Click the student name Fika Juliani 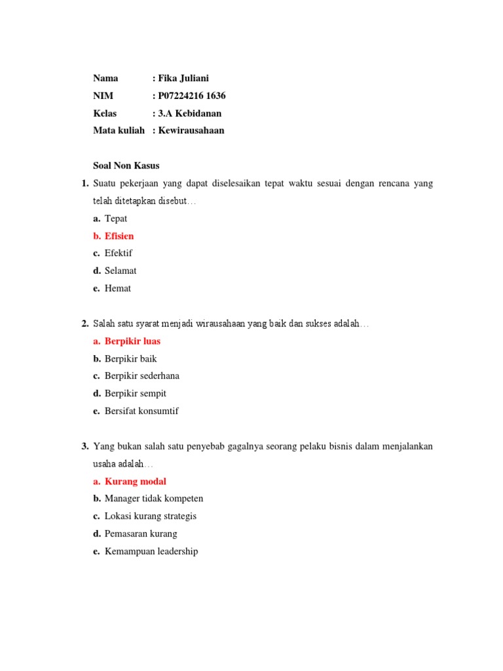pyautogui.click(x=185, y=78)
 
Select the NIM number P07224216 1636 pyautogui.click(x=192, y=96)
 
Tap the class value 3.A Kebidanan pyautogui.click(x=190, y=113)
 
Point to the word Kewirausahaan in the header pyautogui.click(x=191, y=130)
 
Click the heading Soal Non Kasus pyautogui.click(x=126, y=166)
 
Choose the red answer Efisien pyautogui.click(x=119, y=236)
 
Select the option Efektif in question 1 pyautogui.click(x=119, y=253)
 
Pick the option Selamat pyautogui.click(x=121, y=271)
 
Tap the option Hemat pyautogui.click(x=118, y=288)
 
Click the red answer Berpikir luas pyautogui.click(x=132, y=341)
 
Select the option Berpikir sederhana pyautogui.click(x=141, y=376)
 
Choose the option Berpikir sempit pyautogui.click(x=136, y=394)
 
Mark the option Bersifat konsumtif pyautogui.click(x=141, y=412)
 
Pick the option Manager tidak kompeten pyautogui.click(x=154, y=499)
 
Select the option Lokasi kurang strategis pyautogui.click(x=151, y=516)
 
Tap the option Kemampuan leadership pyautogui.click(x=151, y=552)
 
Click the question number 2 pyautogui.click(x=85, y=324)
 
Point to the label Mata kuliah pyautogui.click(x=119, y=130)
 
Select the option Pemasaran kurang pyautogui.click(x=141, y=534)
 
